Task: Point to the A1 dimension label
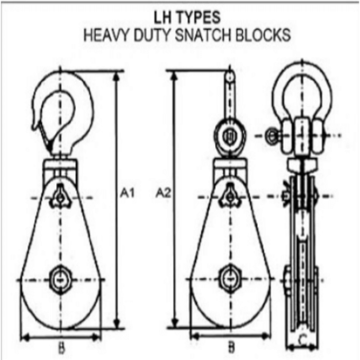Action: pos(127,194)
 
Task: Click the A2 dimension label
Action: pos(164,193)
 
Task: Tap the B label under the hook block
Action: pos(61,348)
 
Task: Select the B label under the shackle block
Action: pos(231,348)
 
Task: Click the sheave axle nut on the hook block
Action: pos(61,280)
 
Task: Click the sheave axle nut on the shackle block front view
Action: pos(230,279)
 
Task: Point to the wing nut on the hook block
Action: pos(60,197)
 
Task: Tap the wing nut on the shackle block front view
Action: pos(230,196)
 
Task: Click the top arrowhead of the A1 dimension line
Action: pos(117,77)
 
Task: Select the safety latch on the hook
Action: pos(45,136)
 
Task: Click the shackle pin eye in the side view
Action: pos(272,136)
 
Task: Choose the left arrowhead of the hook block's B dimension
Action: pos(25,337)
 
